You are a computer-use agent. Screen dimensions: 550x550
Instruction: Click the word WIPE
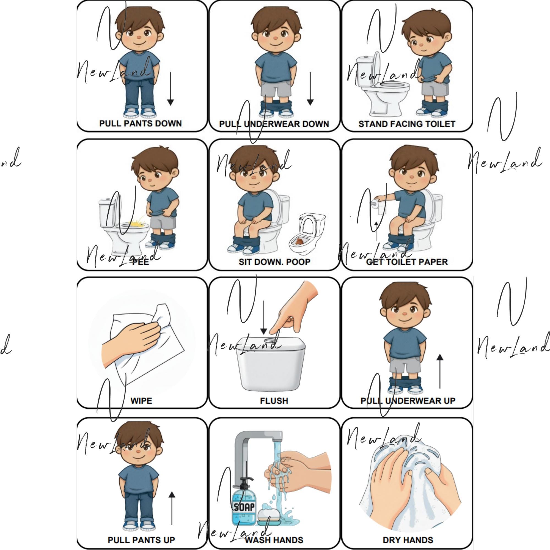tap(141, 401)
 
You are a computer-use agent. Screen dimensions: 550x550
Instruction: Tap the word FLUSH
tap(274, 401)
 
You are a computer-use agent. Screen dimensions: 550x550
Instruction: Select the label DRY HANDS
tap(408, 540)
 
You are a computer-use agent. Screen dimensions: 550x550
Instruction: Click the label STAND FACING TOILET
tap(407, 124)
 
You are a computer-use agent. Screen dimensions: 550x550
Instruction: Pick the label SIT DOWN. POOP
tap(274, 262)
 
